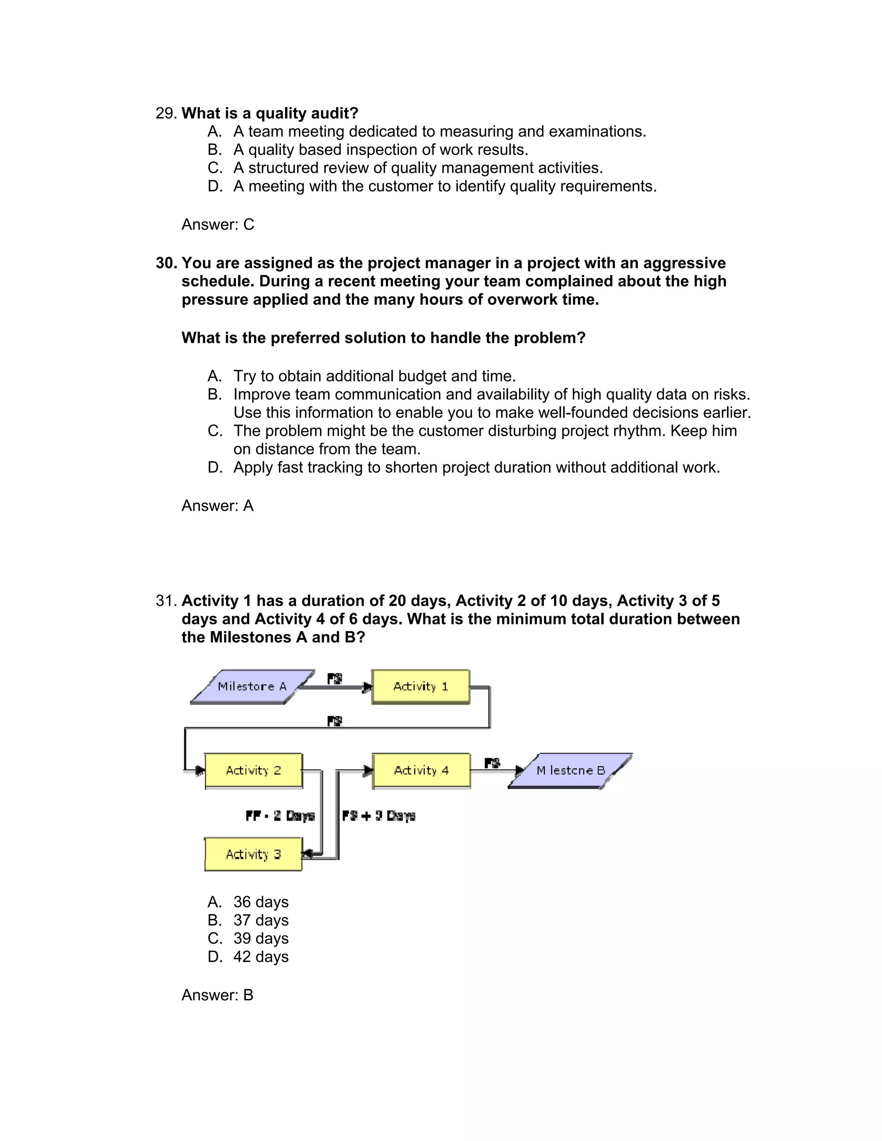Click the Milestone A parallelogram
[x=252, y=686]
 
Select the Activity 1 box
[x=421, y=686]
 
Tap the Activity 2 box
[x=253, y=770]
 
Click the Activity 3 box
[x=253, y=854]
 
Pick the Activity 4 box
[x=421, y=770]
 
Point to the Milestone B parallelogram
[x=570, y=770]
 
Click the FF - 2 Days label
[x=280, y=815]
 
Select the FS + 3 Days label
[x=379, y=815]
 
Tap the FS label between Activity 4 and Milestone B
[x=492, y=763]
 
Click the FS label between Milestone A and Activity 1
[x=334, y=679]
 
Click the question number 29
[x=166, y=113]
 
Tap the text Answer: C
[x=217, y=225]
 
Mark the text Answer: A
[x=217, y=506]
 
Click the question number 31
[x=166, y=601]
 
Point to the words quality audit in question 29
[x=301, y=113]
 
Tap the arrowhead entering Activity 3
[x=307, y=854]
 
